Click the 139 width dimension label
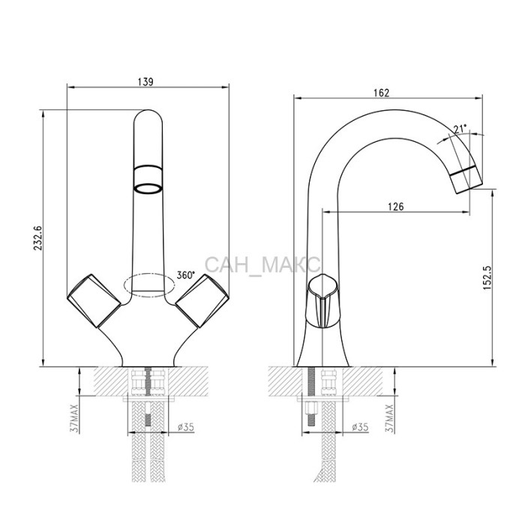pyautogui.click(x=145, y=82)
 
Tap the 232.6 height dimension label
pyautogui.click(x=37, y=238)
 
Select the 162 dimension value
pyautogui.click(x=382, y=93)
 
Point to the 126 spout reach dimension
pyautogui.click(x=396, y=206)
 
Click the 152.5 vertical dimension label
pyautogui.click(x=487, y=277)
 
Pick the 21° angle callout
pyautogui.click(x=460, y=128)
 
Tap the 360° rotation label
pyautogui.click(x=185, y=275)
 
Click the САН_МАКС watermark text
pyautogui.click(x=262, y=265)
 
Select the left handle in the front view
pyautogui.click(x=94, y=300)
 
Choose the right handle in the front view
pyautogui.click(x=202, y=300)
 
